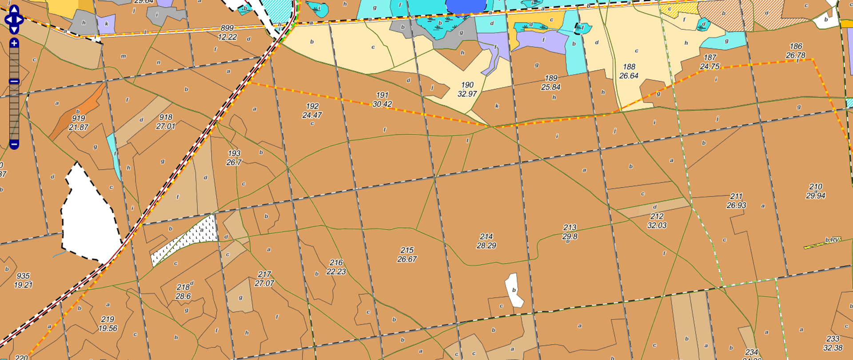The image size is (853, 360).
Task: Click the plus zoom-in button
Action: (x=14, y=43)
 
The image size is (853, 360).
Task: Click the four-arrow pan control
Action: (x=14, y=20)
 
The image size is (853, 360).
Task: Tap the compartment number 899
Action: (x=227, y=28)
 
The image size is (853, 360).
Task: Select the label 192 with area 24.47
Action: (x=312, y=106)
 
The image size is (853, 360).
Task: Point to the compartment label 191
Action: (x=382, y=95)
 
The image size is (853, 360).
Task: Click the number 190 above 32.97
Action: (x=467, y=85)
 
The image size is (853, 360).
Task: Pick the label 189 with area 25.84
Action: (x=551, y=78)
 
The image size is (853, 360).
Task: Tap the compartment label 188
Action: (x=629, y=67)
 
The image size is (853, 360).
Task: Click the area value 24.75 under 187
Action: (x=710, y=67)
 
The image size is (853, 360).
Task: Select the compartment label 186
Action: (x=796, y=46)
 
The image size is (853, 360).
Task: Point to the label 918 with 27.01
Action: (x=166, y=117)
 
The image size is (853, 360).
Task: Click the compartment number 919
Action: (x=79, y=118)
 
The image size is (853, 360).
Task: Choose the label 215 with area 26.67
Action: (x=407, y=250)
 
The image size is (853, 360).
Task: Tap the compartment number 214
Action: (x=486, y=237)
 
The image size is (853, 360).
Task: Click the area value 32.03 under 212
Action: (x=657, y=225)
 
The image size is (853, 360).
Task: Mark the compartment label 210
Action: (x=815, y=187)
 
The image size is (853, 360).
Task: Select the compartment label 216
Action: (x=336, y=263)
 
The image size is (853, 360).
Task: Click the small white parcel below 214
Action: (x=514, y=290)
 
